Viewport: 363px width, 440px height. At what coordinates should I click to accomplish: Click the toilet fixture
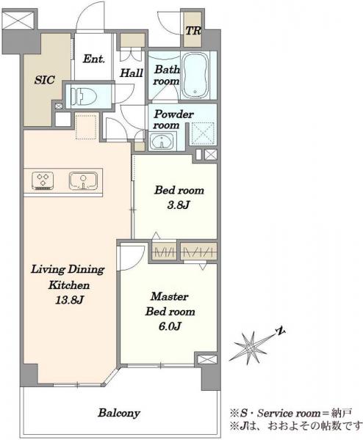[84, 97]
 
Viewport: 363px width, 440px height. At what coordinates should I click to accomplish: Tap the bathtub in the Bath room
[195, 76]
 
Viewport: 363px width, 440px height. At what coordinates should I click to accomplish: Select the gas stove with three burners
[43, 180]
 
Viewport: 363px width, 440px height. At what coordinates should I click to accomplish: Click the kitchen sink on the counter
[83, 180]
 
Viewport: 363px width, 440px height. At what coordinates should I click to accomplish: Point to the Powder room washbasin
[162, 141]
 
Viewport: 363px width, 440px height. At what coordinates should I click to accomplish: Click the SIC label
[44, 80]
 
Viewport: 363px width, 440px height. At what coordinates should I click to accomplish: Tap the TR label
[193, 31]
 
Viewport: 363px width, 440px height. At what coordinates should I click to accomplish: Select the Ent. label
[94, 59]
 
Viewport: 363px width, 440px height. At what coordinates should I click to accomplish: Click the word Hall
[132, 73]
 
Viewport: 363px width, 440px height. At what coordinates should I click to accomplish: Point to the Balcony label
[119, 413]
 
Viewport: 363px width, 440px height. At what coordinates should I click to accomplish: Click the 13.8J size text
[69, 301]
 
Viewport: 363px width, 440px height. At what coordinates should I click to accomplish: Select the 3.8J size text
[179, 205]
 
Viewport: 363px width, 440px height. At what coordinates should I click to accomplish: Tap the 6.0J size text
[170, 326]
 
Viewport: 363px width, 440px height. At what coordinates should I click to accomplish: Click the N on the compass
[280, 331]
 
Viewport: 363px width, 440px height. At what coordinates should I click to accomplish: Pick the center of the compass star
[249, 347]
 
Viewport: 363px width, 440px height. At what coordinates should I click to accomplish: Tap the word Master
[170, 296]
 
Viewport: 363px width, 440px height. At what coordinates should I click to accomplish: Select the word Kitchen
[69, 285]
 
